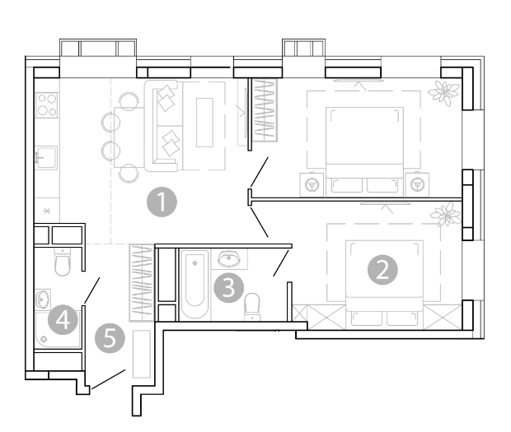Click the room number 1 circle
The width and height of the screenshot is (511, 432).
(162, 202)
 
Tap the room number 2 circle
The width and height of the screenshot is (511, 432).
(382, 270)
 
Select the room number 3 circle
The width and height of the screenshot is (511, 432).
(228, 288)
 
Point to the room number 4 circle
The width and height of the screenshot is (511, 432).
(63, 320)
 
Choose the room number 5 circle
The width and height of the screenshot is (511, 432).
(110, 338)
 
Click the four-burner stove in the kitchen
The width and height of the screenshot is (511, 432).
(47, 105)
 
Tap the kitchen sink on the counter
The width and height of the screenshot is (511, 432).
(46, 158)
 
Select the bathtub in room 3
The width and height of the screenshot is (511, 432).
(195, 285)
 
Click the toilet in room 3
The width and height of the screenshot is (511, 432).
(252, 307)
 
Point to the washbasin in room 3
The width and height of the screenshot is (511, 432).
(229, 259)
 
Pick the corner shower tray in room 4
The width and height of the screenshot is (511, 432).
(58, 329)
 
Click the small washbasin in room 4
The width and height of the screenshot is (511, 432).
(43, 299)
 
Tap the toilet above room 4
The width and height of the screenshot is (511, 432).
(63, 262)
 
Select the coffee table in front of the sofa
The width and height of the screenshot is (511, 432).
(204, 123)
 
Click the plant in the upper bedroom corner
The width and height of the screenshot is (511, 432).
(443, 92)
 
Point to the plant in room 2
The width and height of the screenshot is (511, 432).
(446, 214)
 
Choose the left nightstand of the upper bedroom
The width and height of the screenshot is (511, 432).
(312, 185)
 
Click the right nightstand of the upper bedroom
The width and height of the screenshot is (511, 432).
(417, 185)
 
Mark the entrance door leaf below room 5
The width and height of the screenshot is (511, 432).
(109, 379)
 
